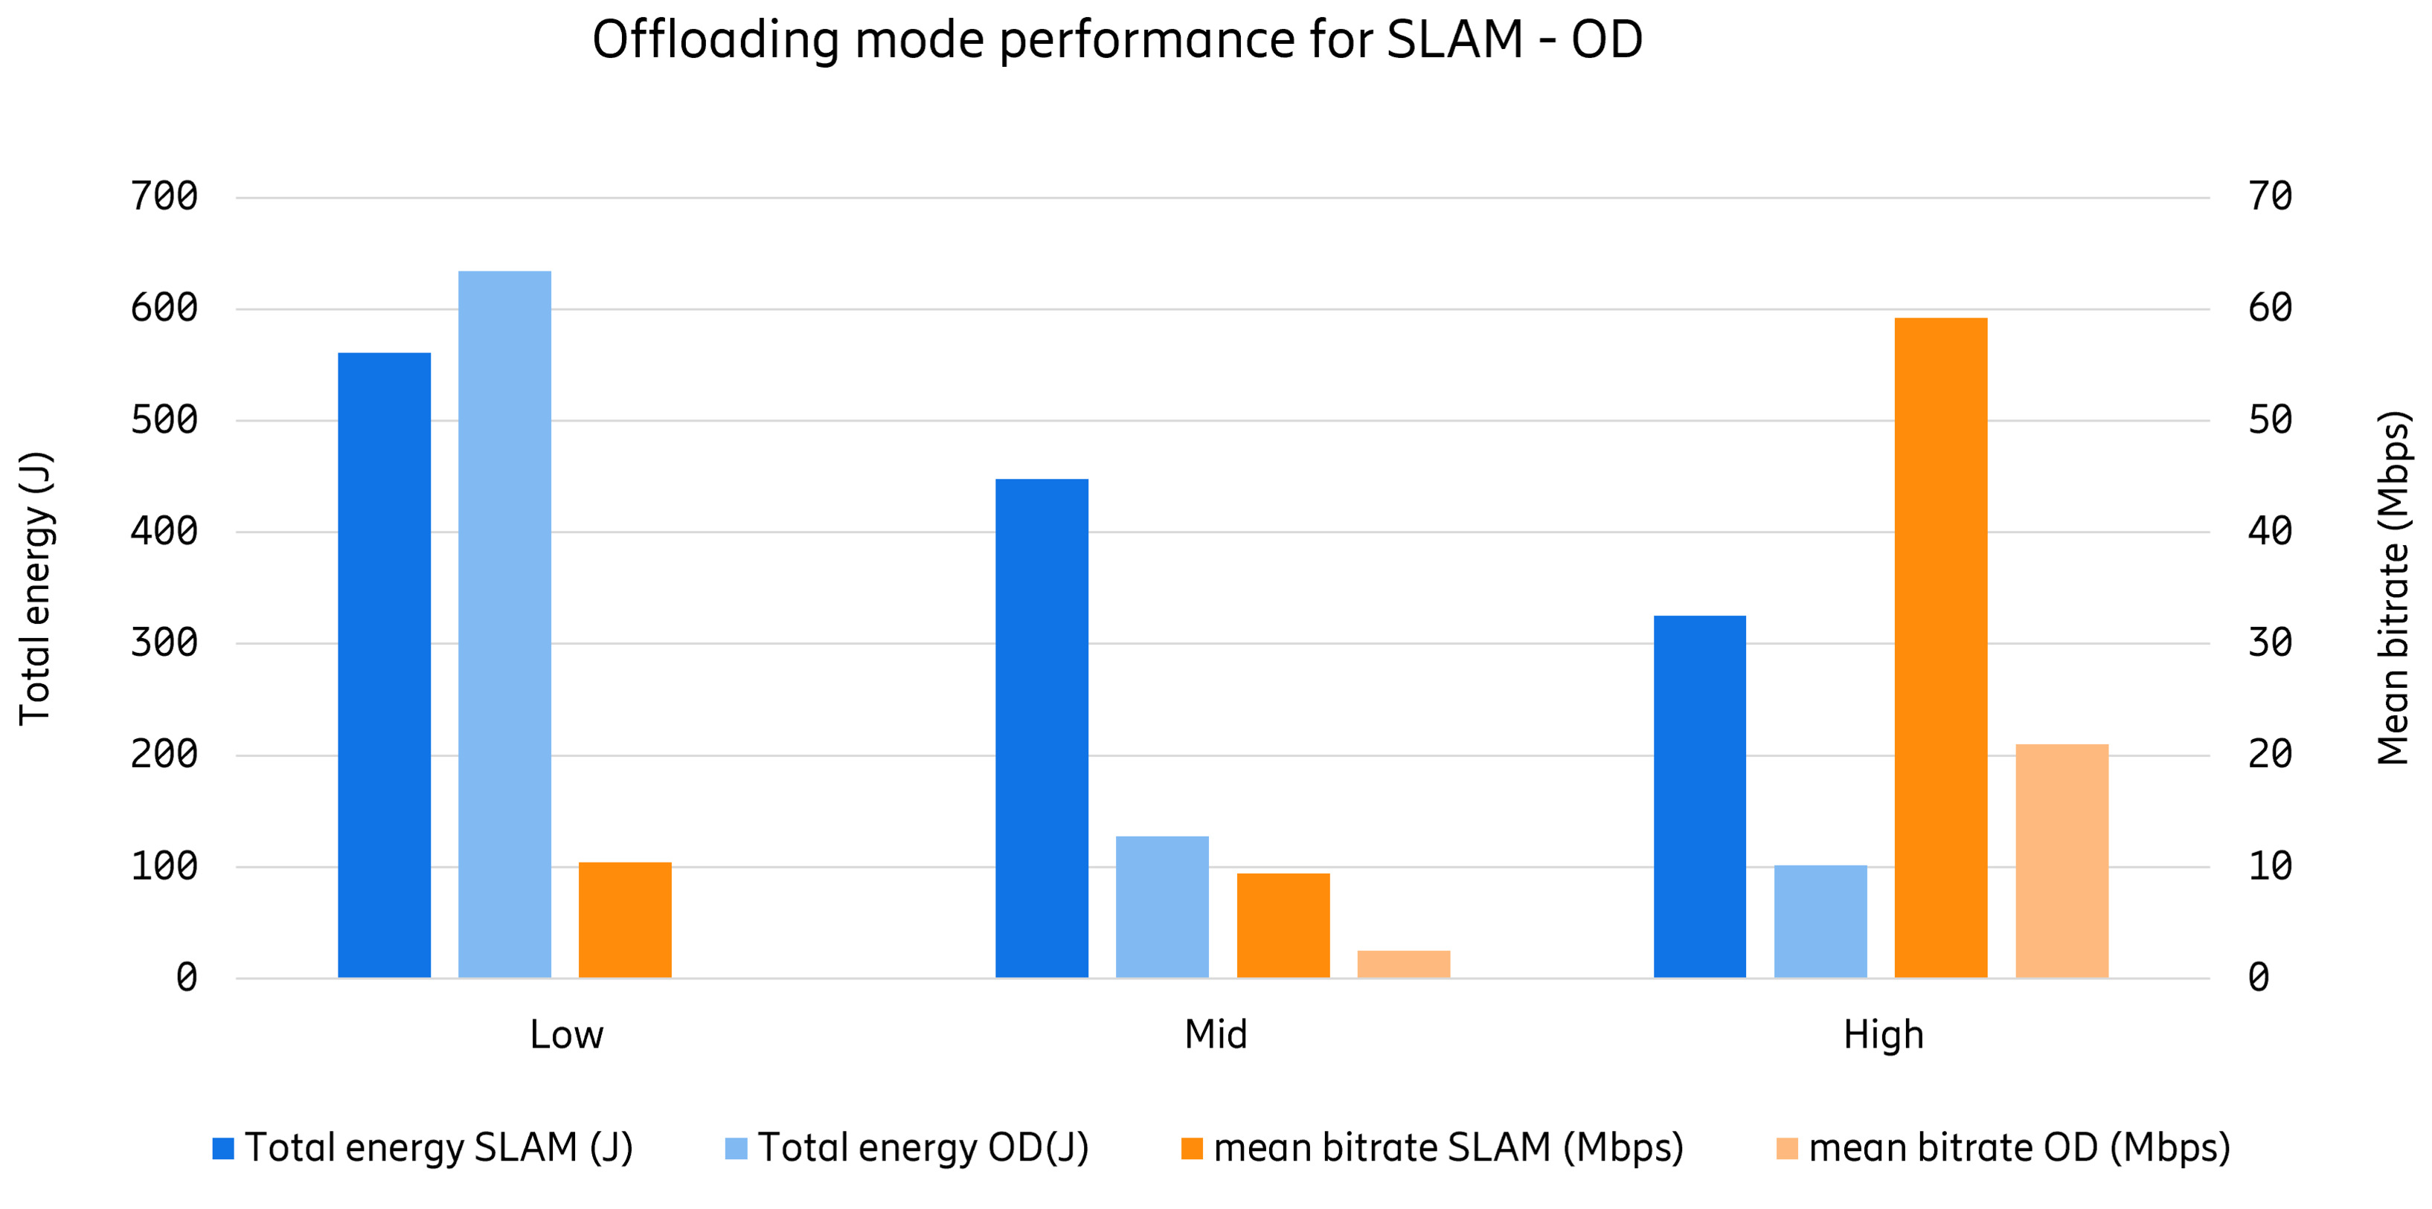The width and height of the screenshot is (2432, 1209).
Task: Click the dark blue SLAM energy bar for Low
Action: [384, 665]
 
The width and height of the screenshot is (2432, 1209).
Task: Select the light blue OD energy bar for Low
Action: [504, 624]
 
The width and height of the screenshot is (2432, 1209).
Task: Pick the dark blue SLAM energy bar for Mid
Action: [1042, 728]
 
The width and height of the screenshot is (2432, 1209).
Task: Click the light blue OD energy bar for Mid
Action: [1162, 906]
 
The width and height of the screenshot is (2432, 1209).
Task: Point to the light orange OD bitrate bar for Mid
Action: [1403, 964]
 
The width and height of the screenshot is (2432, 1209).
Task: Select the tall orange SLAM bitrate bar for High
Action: [1940, 648]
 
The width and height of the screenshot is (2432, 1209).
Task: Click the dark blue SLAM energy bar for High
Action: [1699, 796]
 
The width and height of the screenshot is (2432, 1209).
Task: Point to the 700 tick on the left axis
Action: [164, 197]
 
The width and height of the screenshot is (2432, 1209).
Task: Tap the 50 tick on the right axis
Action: [2270, 420]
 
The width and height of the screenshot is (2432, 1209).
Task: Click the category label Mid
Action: [1215, 1035]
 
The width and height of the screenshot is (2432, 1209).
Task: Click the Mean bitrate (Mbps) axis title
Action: [2393, 587]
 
